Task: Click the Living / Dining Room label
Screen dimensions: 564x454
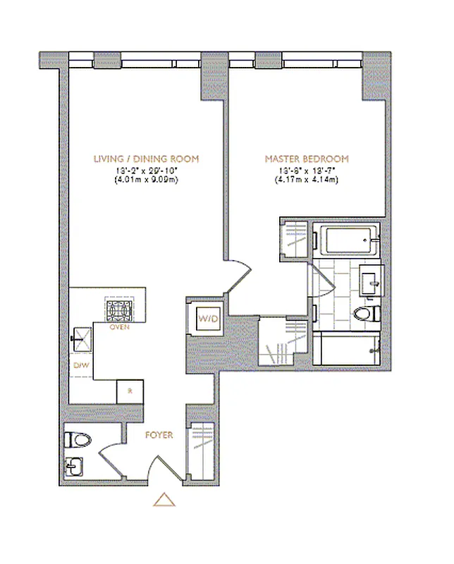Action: (x=146, y=159)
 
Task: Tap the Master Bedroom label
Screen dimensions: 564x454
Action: (x=306, y=159)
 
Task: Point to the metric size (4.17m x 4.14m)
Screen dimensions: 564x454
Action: (x=306, y=180)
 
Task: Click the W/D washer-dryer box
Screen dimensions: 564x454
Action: (x=209, y=319)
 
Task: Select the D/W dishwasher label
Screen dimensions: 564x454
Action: (x=80, y=365)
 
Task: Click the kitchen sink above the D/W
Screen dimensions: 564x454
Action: (x=82, y=338)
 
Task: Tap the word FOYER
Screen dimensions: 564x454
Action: (x=159, y=435)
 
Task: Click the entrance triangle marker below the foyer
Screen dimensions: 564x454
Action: (x=164, y=500)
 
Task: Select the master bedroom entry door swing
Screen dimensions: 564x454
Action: (x=238, y=276)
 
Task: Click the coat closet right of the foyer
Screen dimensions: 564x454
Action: (x=200, y=451)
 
